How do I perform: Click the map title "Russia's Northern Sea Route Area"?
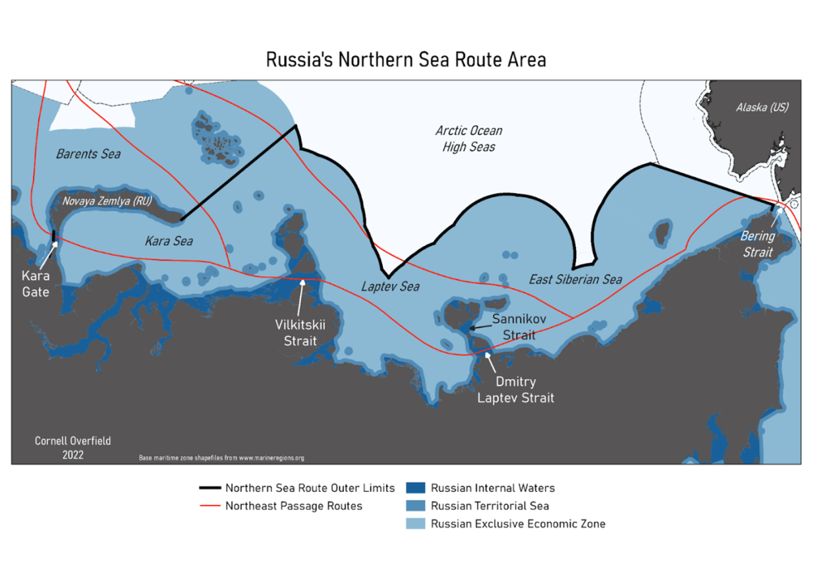pyautogui.click(x=406, y=60)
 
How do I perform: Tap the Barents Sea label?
pyautogui.click(x=88, y=154)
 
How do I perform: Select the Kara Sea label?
pyautogui.click(x=169, y=241)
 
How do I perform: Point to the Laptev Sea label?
pyautogui.click(x=390, y=287)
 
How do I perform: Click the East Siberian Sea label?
pyautogui.click(x=575, y=279)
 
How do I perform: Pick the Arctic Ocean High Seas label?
pyautogui.click(x=468, y=138)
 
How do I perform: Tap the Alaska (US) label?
pyautogui.click(x=762, y=107)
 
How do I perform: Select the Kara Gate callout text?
pyautogui.click(x=36, y=284)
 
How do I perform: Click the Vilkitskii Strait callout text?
pyautogui.click(x=300, y=333)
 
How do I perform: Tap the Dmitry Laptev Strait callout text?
pyautogui.click(x=515, y=390)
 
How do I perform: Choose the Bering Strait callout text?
pyautogui.click(x=757, y=244)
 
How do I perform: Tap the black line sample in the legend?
pyautogui.click(x=209, y=488)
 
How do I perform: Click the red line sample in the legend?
pyautogui.click(x=209, y=506)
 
